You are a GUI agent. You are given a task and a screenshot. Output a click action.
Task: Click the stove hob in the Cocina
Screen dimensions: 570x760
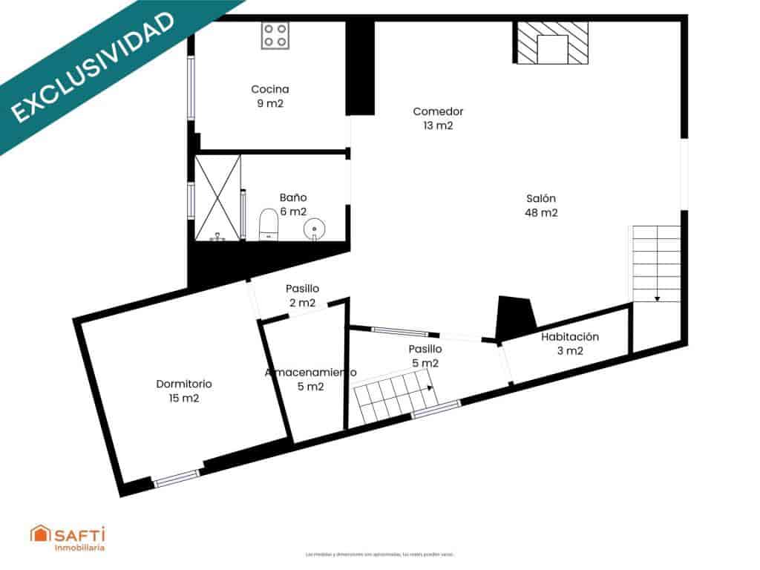(x=275, y=35)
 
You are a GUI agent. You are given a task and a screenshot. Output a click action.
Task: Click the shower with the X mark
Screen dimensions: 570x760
(x=217, y=197)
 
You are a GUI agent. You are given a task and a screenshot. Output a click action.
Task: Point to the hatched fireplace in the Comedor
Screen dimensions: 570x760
(x=552, y=43)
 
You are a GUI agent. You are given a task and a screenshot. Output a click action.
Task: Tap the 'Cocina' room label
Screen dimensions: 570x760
(x=270, y=90)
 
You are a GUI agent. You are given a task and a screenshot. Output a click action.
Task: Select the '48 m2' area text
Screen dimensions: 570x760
(x=541, y=213)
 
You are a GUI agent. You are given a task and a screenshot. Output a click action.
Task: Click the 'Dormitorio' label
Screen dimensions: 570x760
(x=184, y=384)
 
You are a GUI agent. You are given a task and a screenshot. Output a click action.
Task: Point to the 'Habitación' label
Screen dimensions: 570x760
(x=570, y=336)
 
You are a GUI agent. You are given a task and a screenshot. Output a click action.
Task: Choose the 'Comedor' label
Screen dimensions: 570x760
(x=438, y=111)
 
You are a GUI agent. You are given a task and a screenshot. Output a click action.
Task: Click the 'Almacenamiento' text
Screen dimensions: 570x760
(x=310, y=372)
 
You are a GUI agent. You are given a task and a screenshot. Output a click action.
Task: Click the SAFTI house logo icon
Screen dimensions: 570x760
(x=39, y=534)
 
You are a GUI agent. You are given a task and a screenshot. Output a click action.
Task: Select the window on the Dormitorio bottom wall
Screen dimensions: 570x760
(x=177, y=478)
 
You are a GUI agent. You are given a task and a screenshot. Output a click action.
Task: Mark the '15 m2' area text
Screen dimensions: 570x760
(x=184, y=399)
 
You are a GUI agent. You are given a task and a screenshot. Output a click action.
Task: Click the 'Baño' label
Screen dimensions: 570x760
(x=293, y=197)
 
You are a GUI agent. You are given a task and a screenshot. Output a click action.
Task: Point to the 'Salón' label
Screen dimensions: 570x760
(x=541, y=198)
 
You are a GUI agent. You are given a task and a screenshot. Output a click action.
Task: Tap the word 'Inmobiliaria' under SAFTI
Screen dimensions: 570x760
(x=79, y=548)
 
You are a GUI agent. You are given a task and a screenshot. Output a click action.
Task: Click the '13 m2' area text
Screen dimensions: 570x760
(x=438, y=126)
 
